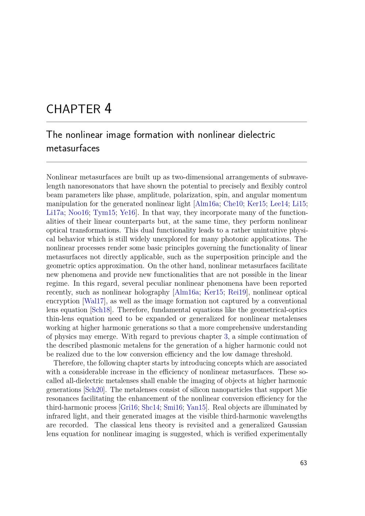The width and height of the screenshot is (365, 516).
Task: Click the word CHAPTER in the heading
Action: pyautogui.click(x=73, y=109)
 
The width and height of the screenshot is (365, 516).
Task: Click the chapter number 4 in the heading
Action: pyautogui.click(x=108, y=109)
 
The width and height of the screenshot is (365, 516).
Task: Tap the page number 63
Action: pyautogui.click(x=303, y=463)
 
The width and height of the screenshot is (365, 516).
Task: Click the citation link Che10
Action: pyautogui.click(x=233, y=204)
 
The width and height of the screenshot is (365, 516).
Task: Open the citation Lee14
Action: pyautogui.click(x=279, y=204)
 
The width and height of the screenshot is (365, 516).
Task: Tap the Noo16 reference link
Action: pyautogui.click(x=78, y=213)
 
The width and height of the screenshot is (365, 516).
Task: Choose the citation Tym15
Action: pyautogui.click(x=104, y=213)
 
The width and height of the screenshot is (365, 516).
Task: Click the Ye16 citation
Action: pyautogui.click(x=127, y=213)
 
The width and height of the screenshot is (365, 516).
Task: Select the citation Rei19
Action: pyautogui.click(x=237, y=292)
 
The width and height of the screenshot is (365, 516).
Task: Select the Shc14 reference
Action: pyautogui.click(x=150, y=407)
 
